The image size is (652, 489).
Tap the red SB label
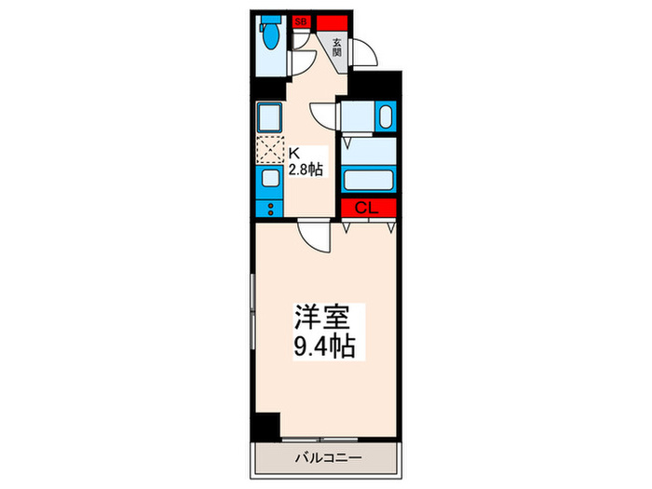coord(301,20)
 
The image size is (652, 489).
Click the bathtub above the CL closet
coord(370,179)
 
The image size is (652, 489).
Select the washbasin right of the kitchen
coord(384,118)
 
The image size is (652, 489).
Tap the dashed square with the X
coord(269,150)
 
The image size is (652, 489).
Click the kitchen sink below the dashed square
coord(270,179)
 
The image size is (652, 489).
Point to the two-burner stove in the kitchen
coord(270,207)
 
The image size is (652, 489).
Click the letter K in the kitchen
coord(292,153)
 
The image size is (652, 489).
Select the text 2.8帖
coord(305,170)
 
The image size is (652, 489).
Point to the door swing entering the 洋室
coord(317,236)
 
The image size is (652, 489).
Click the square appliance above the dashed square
coord(270,117)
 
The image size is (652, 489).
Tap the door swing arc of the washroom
coord(325,114)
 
